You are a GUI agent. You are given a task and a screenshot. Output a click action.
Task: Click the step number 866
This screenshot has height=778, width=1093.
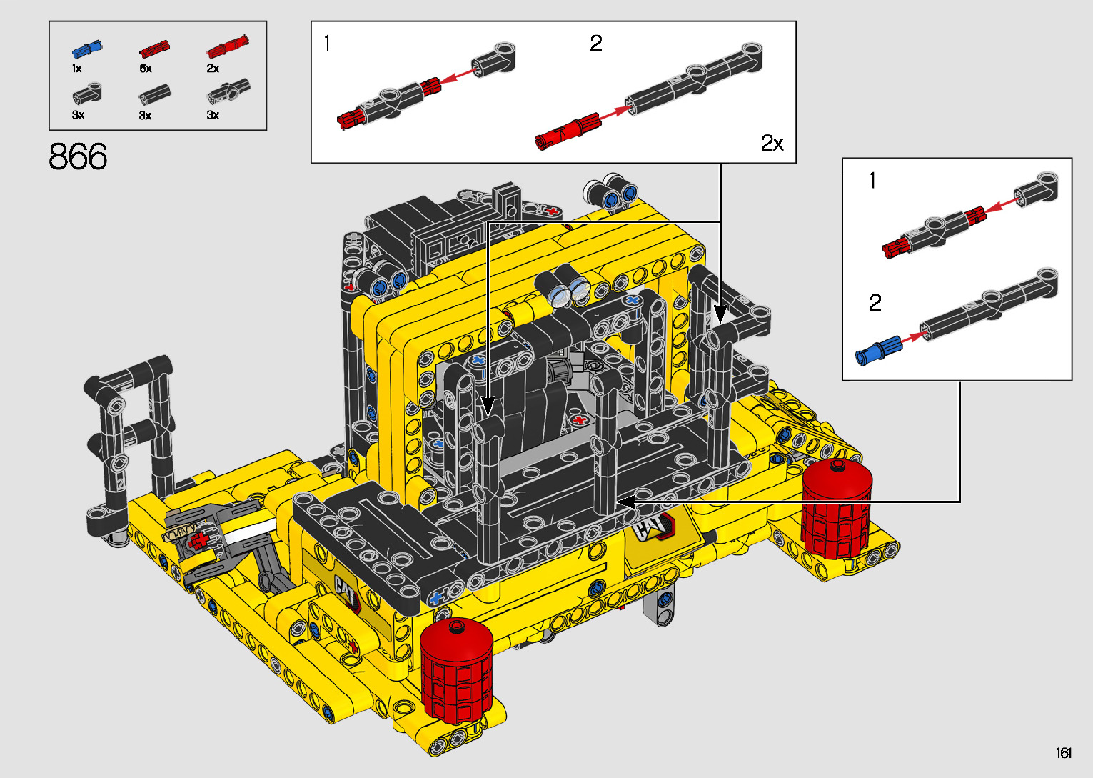coord(78,156)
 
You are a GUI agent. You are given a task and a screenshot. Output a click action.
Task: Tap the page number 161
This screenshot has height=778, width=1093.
coord(1064,752)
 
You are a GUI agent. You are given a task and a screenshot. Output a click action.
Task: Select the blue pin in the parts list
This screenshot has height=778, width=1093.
coord(87,49)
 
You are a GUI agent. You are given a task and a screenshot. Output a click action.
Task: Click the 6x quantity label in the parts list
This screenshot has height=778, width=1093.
coord(146,69)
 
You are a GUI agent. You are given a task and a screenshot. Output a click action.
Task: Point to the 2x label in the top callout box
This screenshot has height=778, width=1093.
coord(772,143)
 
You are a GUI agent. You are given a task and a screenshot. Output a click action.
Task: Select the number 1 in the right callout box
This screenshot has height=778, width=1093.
coord(872,181)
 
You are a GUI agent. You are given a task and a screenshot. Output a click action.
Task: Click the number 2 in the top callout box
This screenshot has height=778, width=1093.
coord(596,44)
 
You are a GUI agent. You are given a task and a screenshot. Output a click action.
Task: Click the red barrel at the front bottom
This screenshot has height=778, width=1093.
coord(457,671)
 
